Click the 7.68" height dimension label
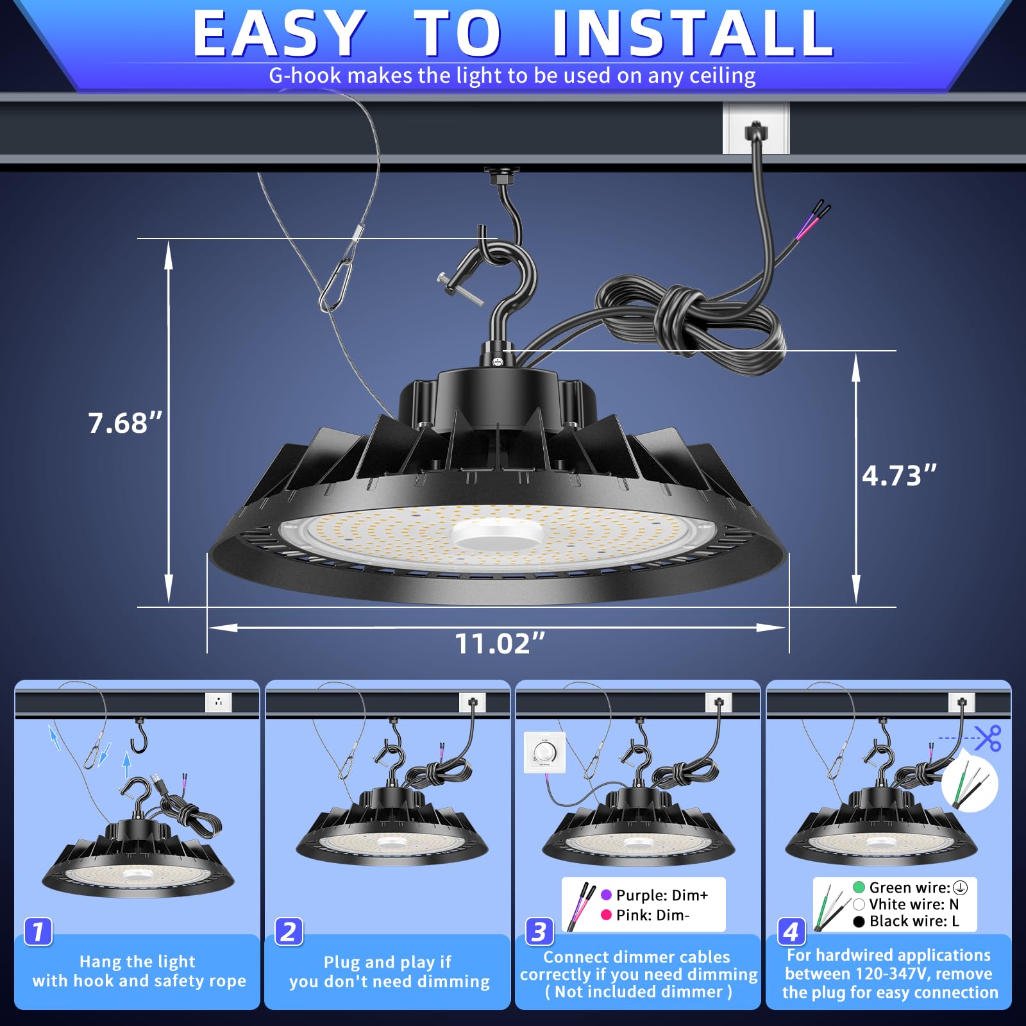(x=125, y=423)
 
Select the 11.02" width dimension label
(x=500, y=644)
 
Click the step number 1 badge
(x=38, y=931)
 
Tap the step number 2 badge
(x=289, y=931)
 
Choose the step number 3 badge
(x=539, y=931)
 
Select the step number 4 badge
(x=791, y=931)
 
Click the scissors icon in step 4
(x=988, y=738)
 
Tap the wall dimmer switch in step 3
(x=544, y=752)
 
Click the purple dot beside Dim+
(x=606, y=895)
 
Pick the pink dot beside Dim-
(x=606, y=915)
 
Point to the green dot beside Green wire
(x=859, y=887)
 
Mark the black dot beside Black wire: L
(x=859, y=921)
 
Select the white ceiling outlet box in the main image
(x=756, y=129)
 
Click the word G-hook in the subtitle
(x=305, y=76)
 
